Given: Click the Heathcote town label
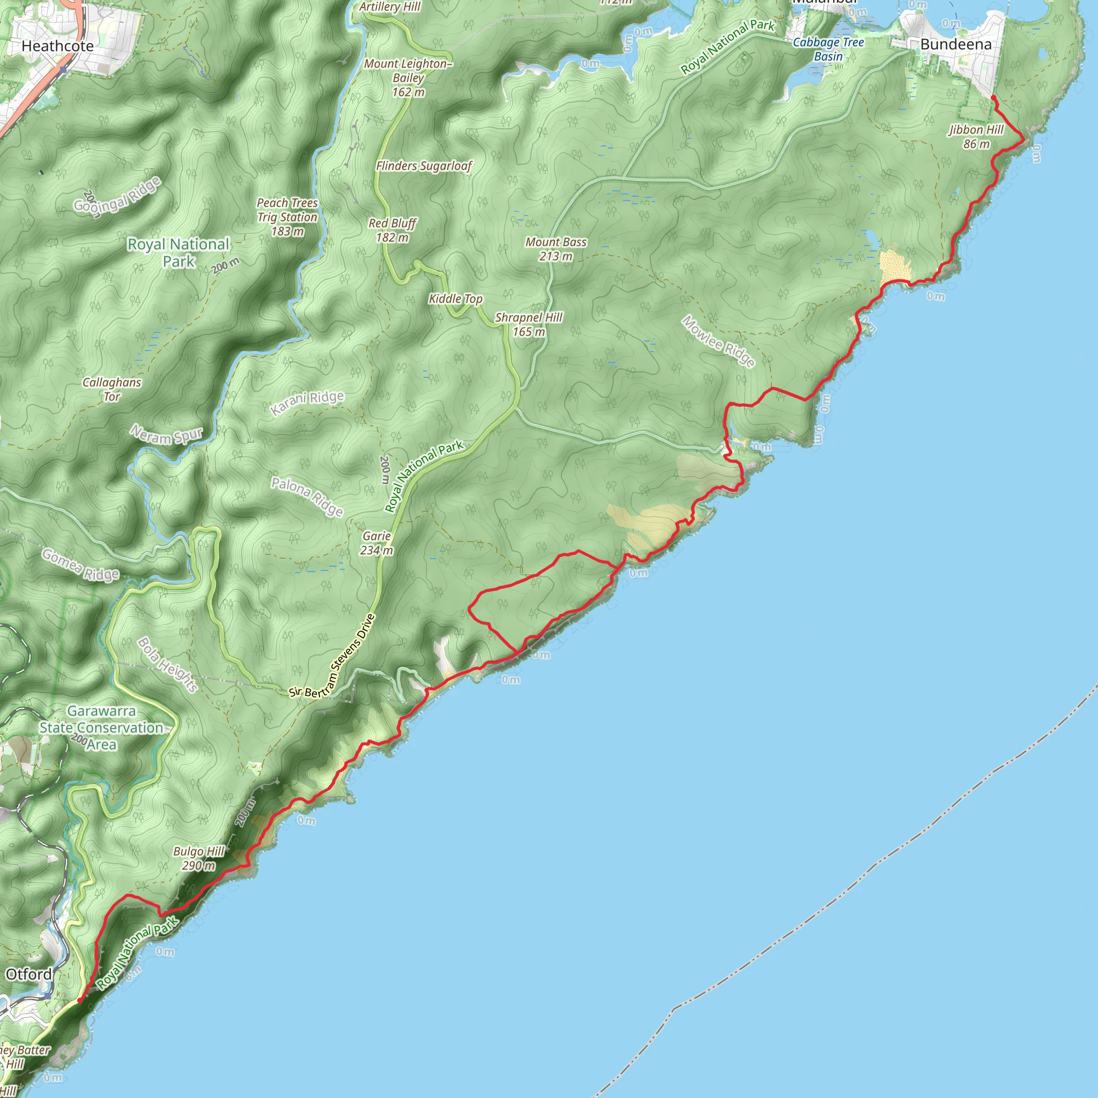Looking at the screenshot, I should coord(57,46).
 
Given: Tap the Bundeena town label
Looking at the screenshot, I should coord(955,44).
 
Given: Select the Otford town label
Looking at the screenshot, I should coord(28,974).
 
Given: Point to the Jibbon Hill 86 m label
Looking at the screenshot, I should coord(976,136).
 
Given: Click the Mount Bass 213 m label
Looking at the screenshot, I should coord(555,249).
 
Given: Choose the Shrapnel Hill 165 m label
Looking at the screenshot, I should coord(528,324).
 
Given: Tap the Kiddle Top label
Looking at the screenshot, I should coord(455,299).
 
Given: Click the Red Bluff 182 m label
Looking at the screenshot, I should coord(392,230).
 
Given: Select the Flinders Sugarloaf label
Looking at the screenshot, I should coord(424,166).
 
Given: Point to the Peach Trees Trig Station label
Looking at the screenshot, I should coord(287,217).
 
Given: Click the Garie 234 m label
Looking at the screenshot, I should coord(376,543).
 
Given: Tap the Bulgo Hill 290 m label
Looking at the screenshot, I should coord(198,858).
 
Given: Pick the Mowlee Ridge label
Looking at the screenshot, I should coord(718,342).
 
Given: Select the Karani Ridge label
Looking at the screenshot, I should coord(307,403).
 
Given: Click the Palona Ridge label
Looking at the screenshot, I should coord(307,496).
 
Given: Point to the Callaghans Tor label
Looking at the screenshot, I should coord(112,389).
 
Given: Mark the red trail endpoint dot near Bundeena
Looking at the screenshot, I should coord(992,98).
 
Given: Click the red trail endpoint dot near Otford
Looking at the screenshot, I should coord(79,1000).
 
